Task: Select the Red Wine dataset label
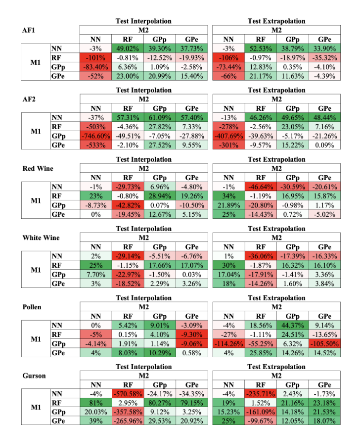tap(39, 168)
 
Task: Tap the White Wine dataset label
tap(41, 237)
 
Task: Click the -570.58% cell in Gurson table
tap(128, 394)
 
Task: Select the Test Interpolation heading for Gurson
tap(143, 367)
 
